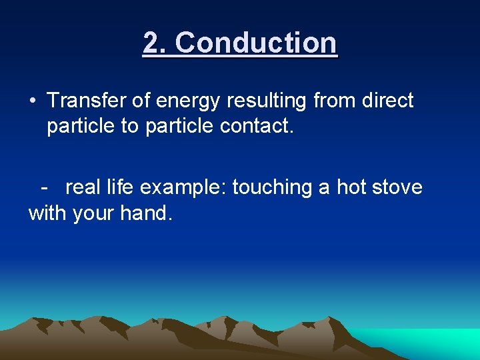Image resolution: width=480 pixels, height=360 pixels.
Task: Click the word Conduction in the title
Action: pyautogui.click(x=257, y=43)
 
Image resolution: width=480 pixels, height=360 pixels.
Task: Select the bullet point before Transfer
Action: pyautogui.click(x=32, y=101)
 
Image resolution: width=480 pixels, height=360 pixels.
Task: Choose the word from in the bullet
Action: pyautogui.click(x=334, y=101)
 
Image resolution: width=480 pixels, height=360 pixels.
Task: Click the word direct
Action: pyautogui.click(x=388, y=101)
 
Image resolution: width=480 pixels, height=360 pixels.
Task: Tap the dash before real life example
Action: pyautogui.click(x=44, y=187)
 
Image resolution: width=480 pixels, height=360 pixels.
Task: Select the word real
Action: pyautogui.click(x=84, y=187)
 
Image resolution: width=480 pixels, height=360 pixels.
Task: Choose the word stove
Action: pyautogui.click(x=397, y=187)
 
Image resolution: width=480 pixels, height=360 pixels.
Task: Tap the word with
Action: pyautogui.click(x=45, y=213)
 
